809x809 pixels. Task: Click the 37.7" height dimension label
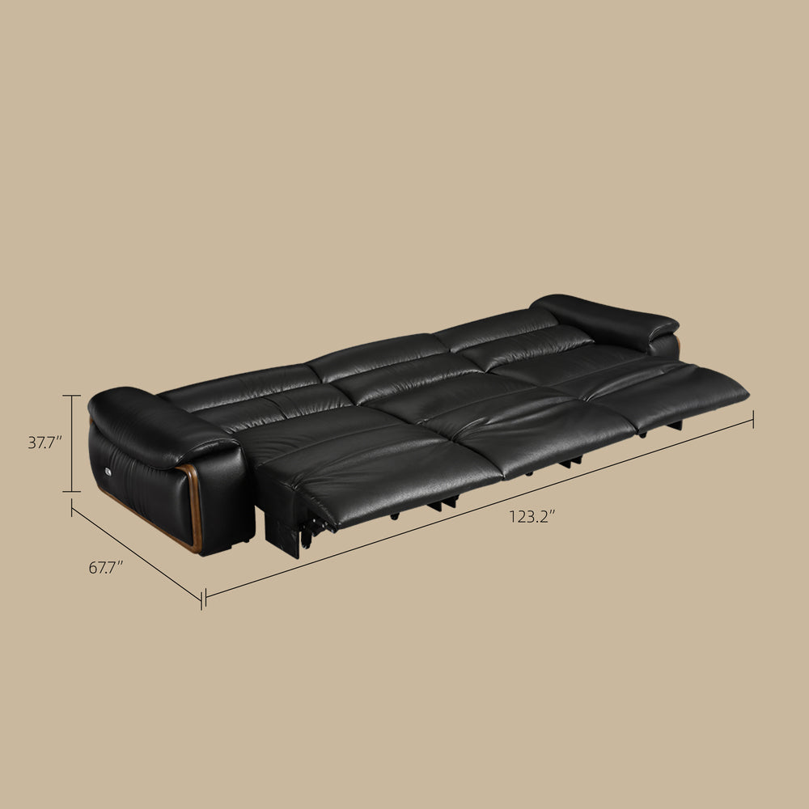pos(44,443)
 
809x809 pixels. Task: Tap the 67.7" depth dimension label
pos(106,568)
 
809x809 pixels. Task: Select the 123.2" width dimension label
pos(532,516)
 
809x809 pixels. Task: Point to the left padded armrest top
pos(155,421)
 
